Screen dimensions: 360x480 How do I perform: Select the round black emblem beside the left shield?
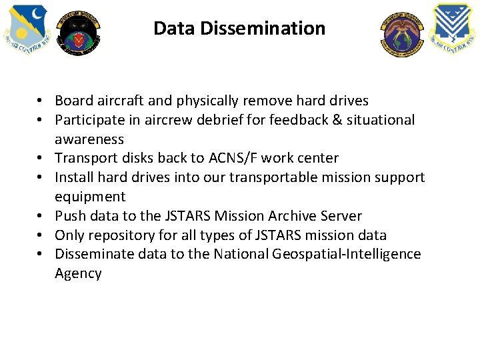(x=78, y=33)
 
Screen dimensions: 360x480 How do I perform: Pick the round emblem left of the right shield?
(x=402, y=33)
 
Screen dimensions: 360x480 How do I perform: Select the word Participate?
(x=87, y=120)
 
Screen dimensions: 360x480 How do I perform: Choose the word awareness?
(x=89, y=139)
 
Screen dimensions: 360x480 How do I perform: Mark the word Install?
(x=74, y=177)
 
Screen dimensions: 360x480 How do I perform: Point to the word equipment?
(x=90, y=197)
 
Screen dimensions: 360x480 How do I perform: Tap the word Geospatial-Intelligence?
(x=345, y=254)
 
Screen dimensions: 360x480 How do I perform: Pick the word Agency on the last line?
(x=78, y=273)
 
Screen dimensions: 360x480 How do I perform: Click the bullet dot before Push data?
(x=41, y=216)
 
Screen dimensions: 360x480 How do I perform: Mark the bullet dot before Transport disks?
(x=41, y=158)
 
